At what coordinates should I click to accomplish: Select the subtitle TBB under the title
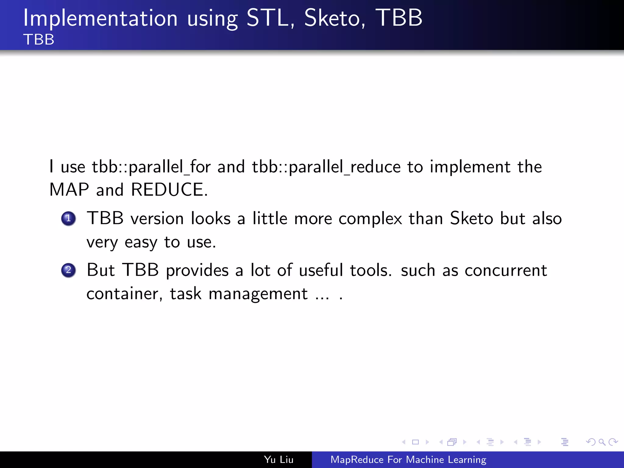(39, 40)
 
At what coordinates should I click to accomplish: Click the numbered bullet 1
(68, 218)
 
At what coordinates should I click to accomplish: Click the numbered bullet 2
(68, 270)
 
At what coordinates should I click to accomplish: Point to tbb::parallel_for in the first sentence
(151, 167)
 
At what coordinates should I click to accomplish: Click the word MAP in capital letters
(69, 190)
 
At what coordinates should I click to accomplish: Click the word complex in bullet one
(370, 219)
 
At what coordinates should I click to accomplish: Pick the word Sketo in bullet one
(471, 218)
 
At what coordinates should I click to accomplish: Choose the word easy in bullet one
(141, 243)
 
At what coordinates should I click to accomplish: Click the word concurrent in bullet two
(506, 271)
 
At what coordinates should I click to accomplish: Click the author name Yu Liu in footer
(278, 459)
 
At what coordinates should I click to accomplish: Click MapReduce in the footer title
(357, 459)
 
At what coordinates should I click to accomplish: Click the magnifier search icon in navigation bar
(602, 442)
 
